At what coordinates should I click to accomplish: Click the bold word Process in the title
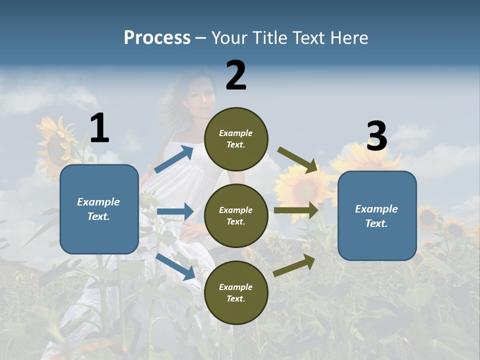coord(157,38)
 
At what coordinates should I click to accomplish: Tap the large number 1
coord(99,128)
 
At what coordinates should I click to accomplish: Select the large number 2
coord(236,75)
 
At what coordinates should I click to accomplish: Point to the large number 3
coord(376,136)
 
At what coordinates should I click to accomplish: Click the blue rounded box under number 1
coord(99,209)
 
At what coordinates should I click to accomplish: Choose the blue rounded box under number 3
coord(377,216)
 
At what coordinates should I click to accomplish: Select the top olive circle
coord(236,139)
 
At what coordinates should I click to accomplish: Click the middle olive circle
coord(236,215)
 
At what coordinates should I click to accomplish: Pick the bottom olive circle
coord(236,292)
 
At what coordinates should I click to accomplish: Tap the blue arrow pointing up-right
coord(174,159)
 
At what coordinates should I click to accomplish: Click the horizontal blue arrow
coord(175,211)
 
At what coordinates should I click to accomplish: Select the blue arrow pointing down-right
coord(175,266)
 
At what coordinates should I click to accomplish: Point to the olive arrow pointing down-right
coord(297,160)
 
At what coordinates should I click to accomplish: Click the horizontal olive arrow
coord(296,210)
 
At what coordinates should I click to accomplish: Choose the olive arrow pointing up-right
coord(294,265)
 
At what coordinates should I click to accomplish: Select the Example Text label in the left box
coord(98,209)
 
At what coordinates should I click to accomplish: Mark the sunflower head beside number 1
coord(56,145)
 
